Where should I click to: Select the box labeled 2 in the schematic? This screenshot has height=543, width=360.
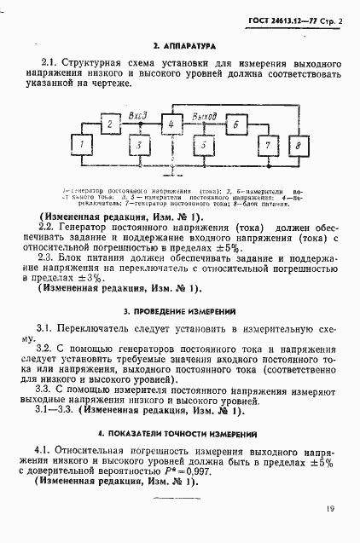pos(109,124)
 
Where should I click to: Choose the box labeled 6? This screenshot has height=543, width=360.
pos(236,124)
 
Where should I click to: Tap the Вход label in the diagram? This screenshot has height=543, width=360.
pos(137,115)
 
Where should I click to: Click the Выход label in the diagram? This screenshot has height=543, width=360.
pos(204,115)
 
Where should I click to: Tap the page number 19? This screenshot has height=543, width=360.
pos(329,510)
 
